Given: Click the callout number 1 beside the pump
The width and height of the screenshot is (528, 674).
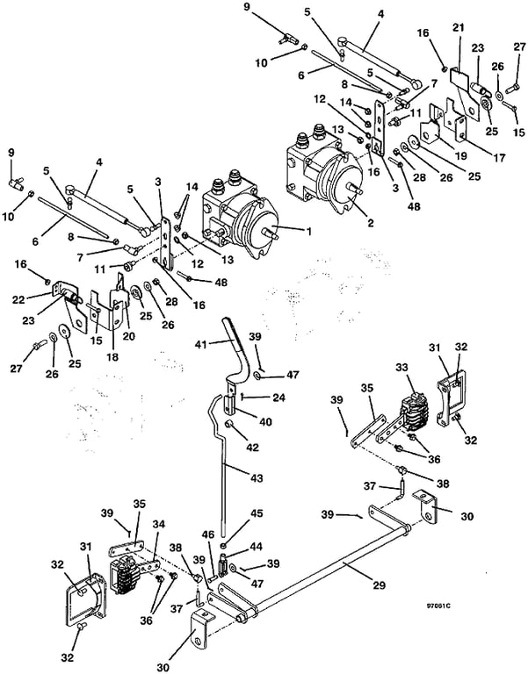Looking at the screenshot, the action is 307,232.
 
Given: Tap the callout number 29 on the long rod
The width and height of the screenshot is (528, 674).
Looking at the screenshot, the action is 380,584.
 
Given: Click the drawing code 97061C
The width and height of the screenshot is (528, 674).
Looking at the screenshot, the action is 438,606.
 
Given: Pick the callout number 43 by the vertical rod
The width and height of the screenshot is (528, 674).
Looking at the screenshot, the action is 256,478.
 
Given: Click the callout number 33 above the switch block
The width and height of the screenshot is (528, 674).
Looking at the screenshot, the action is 402,369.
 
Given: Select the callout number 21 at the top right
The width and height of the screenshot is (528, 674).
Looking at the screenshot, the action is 459,27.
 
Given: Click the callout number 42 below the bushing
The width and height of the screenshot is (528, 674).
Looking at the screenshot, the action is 252,447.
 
